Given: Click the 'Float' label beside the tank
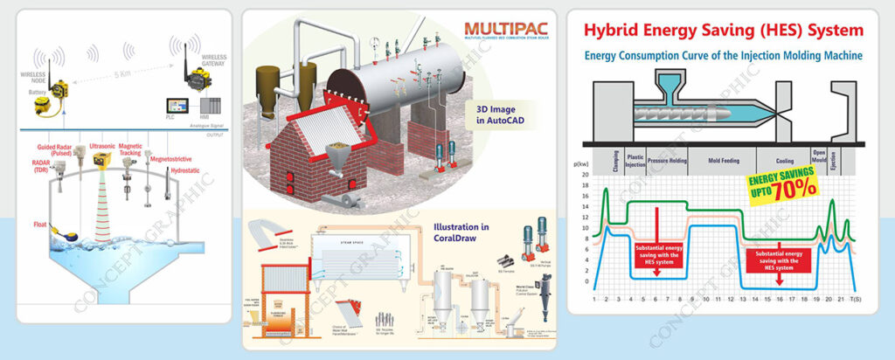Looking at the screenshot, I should click(x=40, y=225).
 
